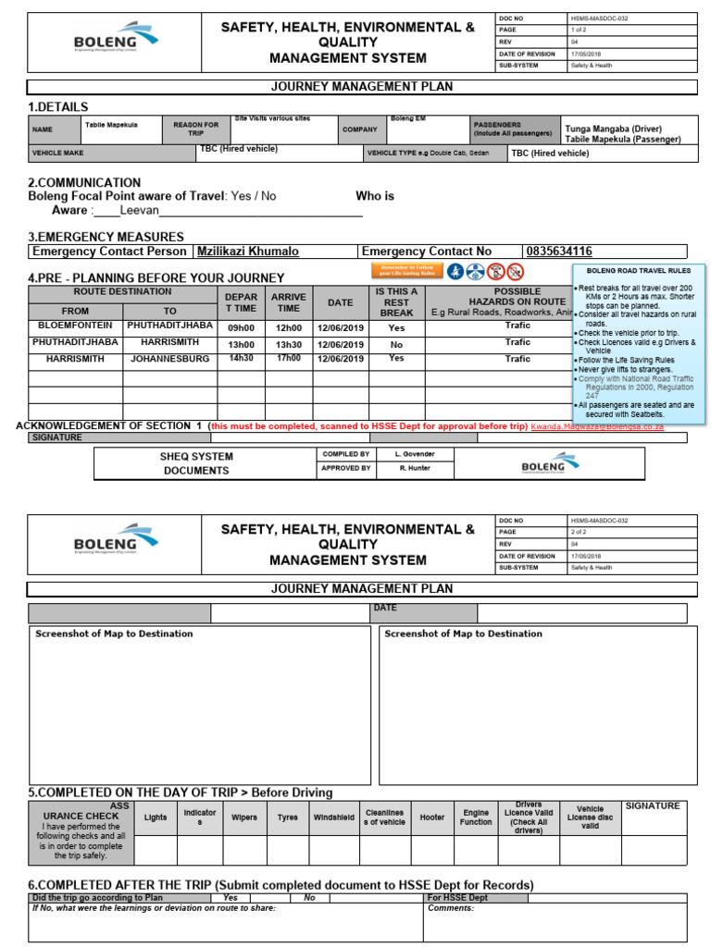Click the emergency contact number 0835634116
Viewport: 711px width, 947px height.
(x=559, y=252)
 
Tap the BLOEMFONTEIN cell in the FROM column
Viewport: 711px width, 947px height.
(x=75, y=326)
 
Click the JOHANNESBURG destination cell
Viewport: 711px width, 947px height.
(x=169, y=358)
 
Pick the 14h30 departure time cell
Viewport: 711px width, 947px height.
(x=241, y=358)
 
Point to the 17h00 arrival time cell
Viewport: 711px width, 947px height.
(x=288, y=358)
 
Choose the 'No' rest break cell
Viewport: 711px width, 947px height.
(x=396, y=343)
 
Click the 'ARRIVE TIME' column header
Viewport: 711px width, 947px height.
(x=288, y=302)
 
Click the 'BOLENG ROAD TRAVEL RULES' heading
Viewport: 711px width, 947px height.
(x=638, y=271)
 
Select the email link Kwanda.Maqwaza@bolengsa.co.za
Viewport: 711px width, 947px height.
(x=597, y=427)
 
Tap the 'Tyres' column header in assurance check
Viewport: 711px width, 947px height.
(x=288, y=818)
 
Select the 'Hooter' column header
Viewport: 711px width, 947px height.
(x=431, y=818)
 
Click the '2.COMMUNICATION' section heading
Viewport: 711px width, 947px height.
(x=84, y=183)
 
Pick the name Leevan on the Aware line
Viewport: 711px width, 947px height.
(x=139, y=211)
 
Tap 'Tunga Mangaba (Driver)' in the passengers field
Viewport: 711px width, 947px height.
(x=618, y=129)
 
